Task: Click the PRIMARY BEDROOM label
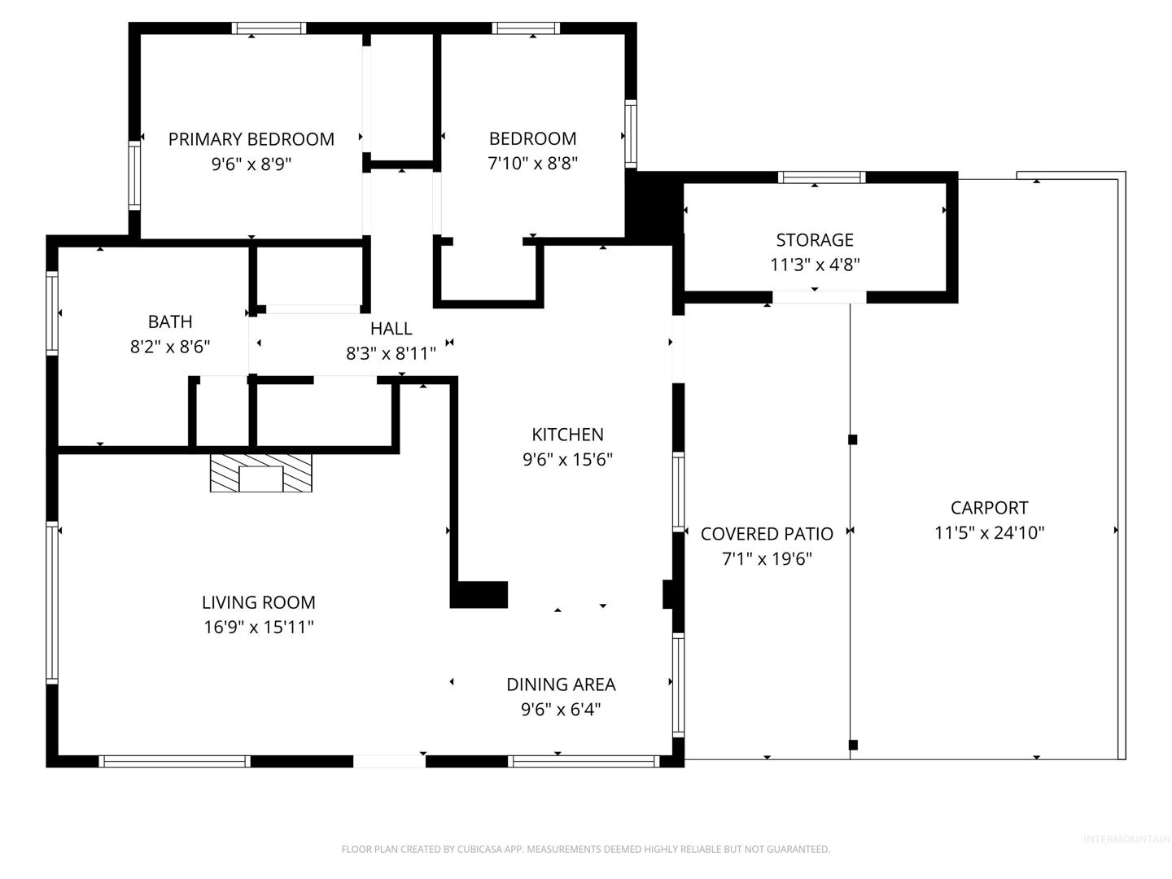[251, 139]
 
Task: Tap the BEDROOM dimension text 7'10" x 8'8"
[532, 164]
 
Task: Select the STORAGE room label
[814, 240]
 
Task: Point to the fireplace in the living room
[260, 473]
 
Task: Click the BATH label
[170, 321]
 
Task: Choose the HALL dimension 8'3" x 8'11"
[391, 353]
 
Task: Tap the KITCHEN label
[567, 435]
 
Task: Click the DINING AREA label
[561, 684]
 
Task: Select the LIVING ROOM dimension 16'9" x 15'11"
[259, 627]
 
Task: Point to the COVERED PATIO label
[767, 534]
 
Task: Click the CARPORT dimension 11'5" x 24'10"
[989, 532]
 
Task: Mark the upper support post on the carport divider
[853, 439]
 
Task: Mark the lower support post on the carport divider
[853, 745]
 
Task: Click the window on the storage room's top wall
[821, 177]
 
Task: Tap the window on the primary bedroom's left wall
[134, 176]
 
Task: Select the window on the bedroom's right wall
[631, 133]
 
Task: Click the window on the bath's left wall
[52, 313]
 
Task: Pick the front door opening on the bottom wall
[389, 761]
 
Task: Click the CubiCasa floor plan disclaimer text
[586, 849]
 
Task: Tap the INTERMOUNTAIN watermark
[1126, 839]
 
